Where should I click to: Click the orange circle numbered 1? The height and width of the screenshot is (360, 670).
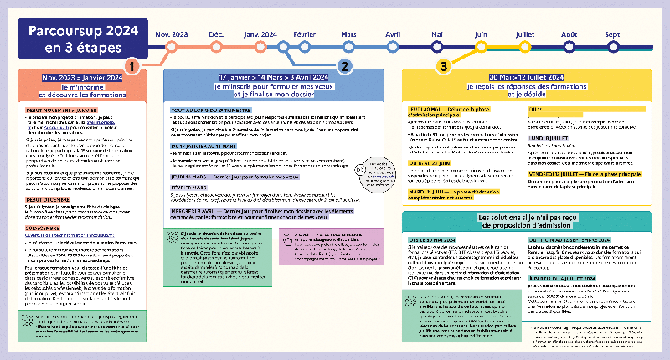click(131, 65)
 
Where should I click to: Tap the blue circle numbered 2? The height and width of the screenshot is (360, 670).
click(343, 65)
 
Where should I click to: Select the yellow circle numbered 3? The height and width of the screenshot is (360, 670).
click(444, 65)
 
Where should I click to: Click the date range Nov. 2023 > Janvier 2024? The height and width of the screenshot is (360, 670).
click(83, 78)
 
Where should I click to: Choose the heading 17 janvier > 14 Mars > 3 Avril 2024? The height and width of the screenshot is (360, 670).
click(273, 76)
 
